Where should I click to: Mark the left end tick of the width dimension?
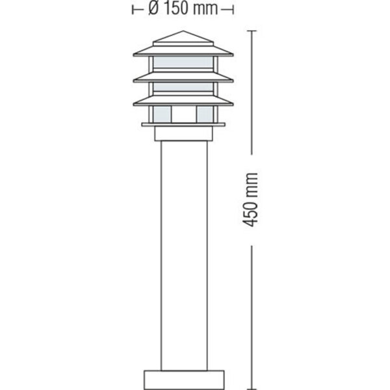[133, 10]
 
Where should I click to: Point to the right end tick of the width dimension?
[233, 10]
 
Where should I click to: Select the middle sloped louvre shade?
[183, 78]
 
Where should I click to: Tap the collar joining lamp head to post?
[183, 134]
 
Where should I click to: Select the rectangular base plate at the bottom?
[183, 378]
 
